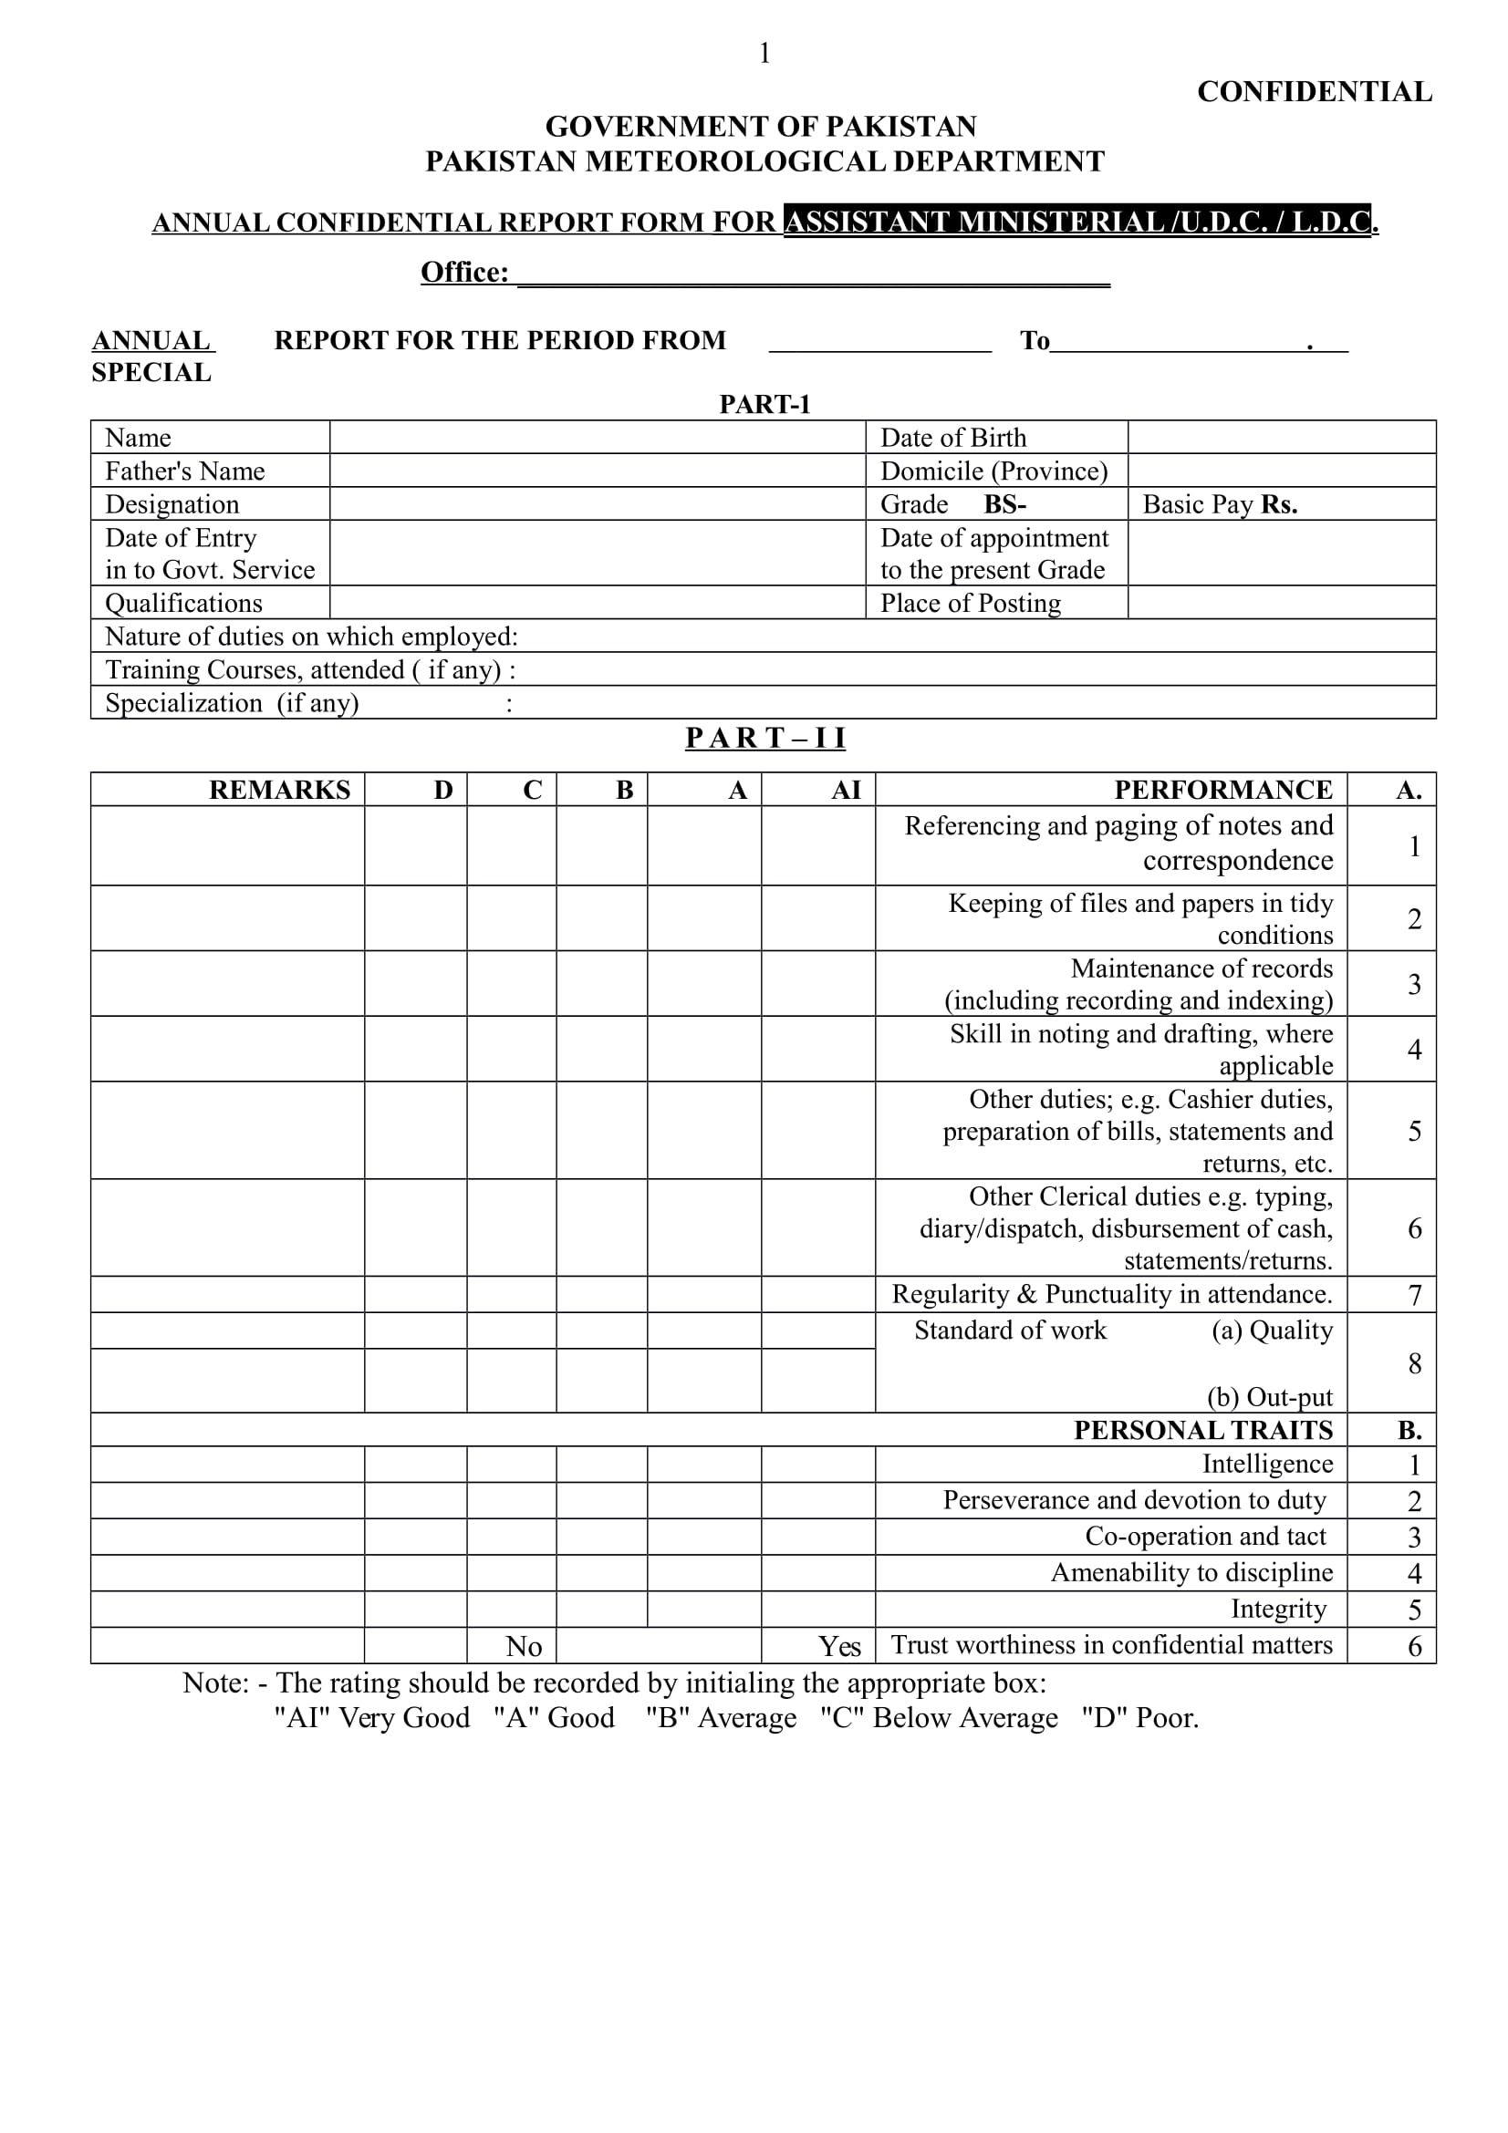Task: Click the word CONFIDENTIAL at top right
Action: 1314,92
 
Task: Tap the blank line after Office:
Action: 813,275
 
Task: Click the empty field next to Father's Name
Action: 597,471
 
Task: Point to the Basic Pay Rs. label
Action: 1219,504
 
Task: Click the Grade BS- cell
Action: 995,504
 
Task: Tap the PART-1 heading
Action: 764,404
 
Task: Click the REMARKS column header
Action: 279,790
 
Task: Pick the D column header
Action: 443,790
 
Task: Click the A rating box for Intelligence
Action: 703,1465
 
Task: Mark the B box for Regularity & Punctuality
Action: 601,1294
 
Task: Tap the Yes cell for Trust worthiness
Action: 838,1646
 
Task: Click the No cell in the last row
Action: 523,1646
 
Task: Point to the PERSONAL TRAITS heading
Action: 1202,1430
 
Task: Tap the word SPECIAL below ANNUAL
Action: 151,373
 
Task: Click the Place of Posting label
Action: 970,604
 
